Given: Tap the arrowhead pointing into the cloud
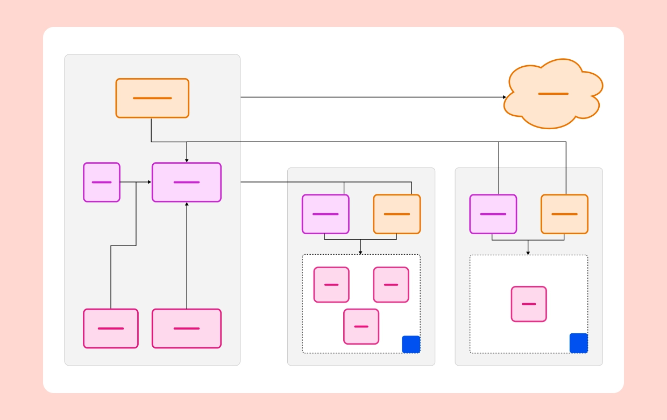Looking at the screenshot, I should pyautogui.click(x=504, y=97).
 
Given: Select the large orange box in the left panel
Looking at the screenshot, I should pyautogui.click(x=152, y=98).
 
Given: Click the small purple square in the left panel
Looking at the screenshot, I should pyautogui.click(x=102, y=182).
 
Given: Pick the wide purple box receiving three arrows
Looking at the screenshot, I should pyautogui.click(x=187, y=182).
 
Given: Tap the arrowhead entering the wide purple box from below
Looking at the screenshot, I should pyautogui.click(x=187, y=204).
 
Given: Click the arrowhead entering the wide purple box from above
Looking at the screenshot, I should pyautogui.click(x=187, y=160).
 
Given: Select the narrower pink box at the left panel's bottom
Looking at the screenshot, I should pyautogui.click(x=111, y=328).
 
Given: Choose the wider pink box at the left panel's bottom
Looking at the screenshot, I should pyautogui.click(x=187, y=328).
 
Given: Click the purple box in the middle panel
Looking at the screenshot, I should pyautogui.click(x=325, y=214).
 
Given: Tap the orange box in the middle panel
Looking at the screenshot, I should pyautogui.click(x=397, y=214).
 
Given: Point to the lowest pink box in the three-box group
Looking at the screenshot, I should pyautogui.click(x=361, y=326).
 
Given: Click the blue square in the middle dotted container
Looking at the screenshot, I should pyautogui.click(x=411, y=345).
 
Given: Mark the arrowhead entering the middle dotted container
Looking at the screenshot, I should pyautogui.click(x=360, y=252).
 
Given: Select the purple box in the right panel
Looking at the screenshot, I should pyautogui.click(x=493, y=214).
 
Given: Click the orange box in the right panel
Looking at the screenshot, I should pyautogui.click(x=564, y=214).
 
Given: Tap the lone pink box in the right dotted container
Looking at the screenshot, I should pyautogui.click(x=529, y=304).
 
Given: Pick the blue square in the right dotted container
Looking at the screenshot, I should pyautogui.click(x=579, y=343).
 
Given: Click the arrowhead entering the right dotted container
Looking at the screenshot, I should pyautogui.click(x=528, y=253).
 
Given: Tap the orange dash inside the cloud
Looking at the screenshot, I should pyautogui.click(x=553, y=94).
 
